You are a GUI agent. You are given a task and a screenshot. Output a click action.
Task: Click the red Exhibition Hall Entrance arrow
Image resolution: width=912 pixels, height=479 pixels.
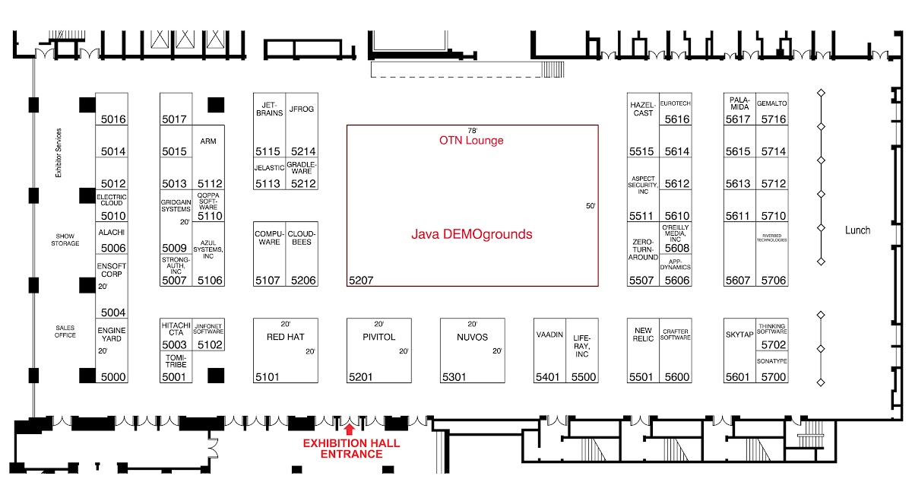point(350,430)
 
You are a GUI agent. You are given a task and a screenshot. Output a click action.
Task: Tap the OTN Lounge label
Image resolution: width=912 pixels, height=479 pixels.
point(471,141)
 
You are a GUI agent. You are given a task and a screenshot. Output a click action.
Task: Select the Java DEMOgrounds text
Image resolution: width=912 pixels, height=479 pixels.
point(471,234)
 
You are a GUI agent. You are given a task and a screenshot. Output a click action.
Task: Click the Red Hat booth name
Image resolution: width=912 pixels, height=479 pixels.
point(286,337)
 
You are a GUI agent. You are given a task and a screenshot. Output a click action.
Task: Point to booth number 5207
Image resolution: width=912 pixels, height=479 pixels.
point(361,281)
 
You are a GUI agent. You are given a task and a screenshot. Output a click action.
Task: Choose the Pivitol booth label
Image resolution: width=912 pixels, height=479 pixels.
point(379,337)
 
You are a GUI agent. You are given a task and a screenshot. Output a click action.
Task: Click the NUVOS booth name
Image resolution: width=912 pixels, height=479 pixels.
point(473,337)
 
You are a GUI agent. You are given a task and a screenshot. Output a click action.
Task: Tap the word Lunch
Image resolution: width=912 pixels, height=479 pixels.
point(857,230)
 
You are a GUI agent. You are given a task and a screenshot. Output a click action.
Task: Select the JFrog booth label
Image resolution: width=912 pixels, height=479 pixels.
point(302,109)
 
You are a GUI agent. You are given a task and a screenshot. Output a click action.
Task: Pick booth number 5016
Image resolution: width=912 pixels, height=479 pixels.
point(112,119)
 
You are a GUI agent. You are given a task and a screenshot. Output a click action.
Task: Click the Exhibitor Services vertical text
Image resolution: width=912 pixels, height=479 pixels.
point(59,154)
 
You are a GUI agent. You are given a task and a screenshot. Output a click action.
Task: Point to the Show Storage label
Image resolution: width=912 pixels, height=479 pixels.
point(65,239)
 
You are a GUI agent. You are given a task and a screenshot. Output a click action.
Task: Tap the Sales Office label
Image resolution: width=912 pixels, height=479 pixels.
point(65,331)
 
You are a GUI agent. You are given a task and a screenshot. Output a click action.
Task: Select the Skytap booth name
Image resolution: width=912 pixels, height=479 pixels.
point(738,335)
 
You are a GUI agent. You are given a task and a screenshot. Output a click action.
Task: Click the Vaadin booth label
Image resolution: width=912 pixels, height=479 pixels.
point(549,335)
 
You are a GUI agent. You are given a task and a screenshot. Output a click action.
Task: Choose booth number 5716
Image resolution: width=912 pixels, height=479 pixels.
point(773,119)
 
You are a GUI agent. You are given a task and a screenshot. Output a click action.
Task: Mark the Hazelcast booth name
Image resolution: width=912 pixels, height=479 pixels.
point(643,109)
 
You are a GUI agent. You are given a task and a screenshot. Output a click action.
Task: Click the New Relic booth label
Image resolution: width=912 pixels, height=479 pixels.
point(643,335)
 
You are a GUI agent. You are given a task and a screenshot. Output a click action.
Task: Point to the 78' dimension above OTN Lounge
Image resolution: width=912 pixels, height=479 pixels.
point(472,131)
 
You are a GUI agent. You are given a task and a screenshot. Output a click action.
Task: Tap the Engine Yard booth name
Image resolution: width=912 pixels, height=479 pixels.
point(112,335)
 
